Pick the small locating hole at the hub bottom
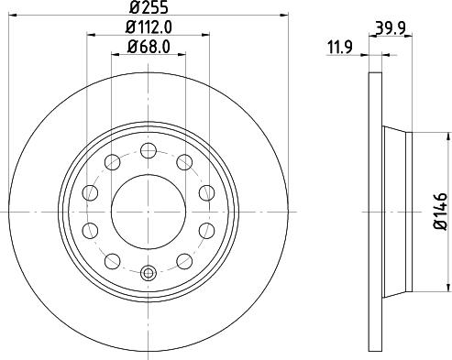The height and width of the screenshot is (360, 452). point(149,271)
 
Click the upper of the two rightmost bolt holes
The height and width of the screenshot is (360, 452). point(205,192)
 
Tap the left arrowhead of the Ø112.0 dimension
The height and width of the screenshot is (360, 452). point(91,36)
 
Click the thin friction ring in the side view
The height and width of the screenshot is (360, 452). point(374,211)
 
